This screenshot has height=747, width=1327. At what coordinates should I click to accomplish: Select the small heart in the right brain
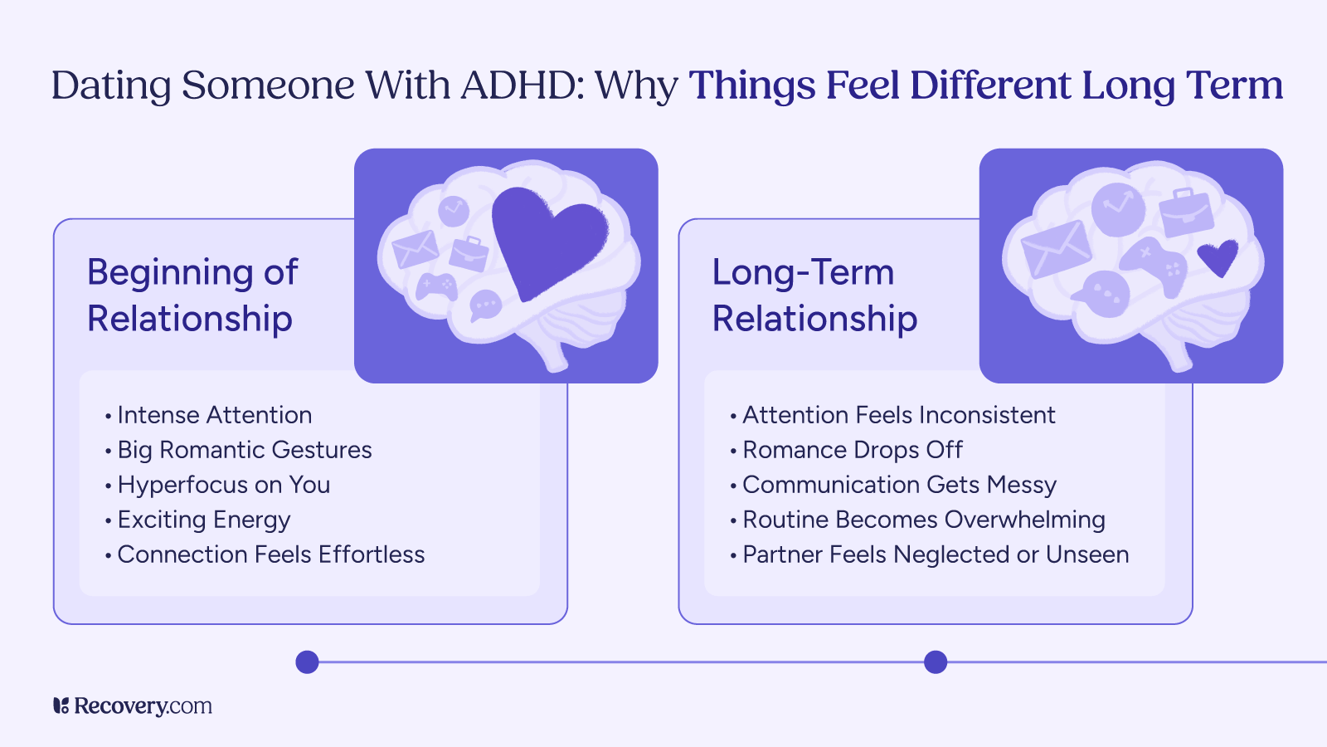click(x=1218, y=257)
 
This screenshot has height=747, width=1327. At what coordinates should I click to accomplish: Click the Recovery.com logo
click(x=133, y=706)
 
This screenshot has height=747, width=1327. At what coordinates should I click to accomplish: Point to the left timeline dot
click(x=308, y=662)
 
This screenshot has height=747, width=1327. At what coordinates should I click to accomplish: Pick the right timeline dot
click(x=936, y=662)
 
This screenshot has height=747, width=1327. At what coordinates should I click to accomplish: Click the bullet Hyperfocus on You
click(x=223, y=485)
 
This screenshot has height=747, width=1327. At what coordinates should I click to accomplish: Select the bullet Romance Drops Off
click(x=852, y=450)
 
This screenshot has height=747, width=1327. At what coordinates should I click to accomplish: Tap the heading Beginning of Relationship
click(x=192, y=295)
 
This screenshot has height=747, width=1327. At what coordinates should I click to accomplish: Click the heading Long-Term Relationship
click(x=814, y=295)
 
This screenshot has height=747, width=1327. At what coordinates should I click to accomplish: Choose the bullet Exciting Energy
click(x=203, y=520)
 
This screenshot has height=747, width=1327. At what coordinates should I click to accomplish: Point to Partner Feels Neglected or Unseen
click(x=935, y=554)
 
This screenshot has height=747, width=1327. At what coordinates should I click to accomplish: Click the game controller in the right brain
click(x=1154, y=264)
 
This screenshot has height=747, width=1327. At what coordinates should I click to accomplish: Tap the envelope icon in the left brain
click(x=415, y=249)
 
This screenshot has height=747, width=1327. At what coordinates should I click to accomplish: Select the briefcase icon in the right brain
click(x=1186, y=212)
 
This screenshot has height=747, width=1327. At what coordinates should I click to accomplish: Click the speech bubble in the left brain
click(x=485, y=305)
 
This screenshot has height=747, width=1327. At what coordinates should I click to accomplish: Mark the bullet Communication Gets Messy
click(x=899, y=485)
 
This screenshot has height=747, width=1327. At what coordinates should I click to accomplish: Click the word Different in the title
click(x=990, y=85)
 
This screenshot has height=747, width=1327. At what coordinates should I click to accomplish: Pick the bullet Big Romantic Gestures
click(x=244, y=450)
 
